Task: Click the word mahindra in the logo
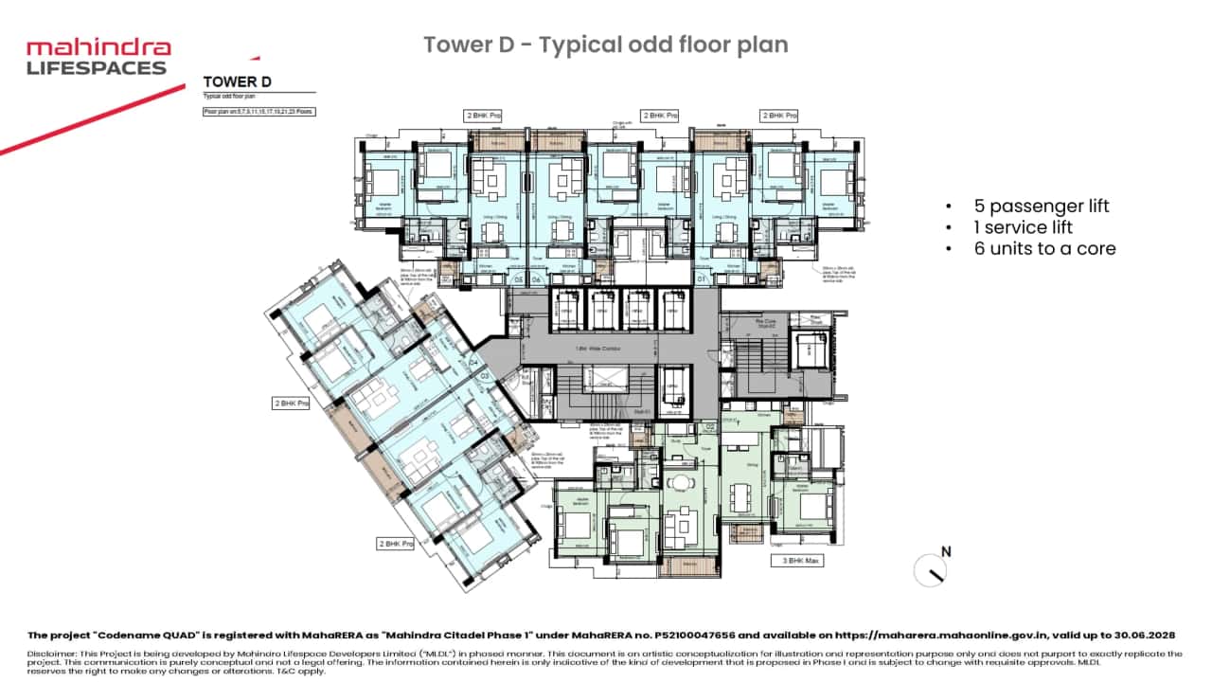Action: click(98, 48)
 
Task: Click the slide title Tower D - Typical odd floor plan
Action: click(605, 45)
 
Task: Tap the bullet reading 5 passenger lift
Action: click(1041, 206)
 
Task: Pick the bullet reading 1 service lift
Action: click(1026, 227)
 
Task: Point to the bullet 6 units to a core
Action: click(1044, 249)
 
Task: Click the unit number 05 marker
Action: click(518, 279)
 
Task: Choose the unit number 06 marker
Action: click(536, 279)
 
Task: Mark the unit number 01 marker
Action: click(702, 279)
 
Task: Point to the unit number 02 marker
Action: click(709, 427)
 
